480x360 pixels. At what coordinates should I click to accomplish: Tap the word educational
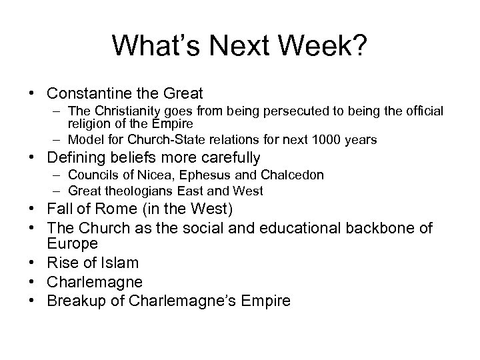coord(293,229)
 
